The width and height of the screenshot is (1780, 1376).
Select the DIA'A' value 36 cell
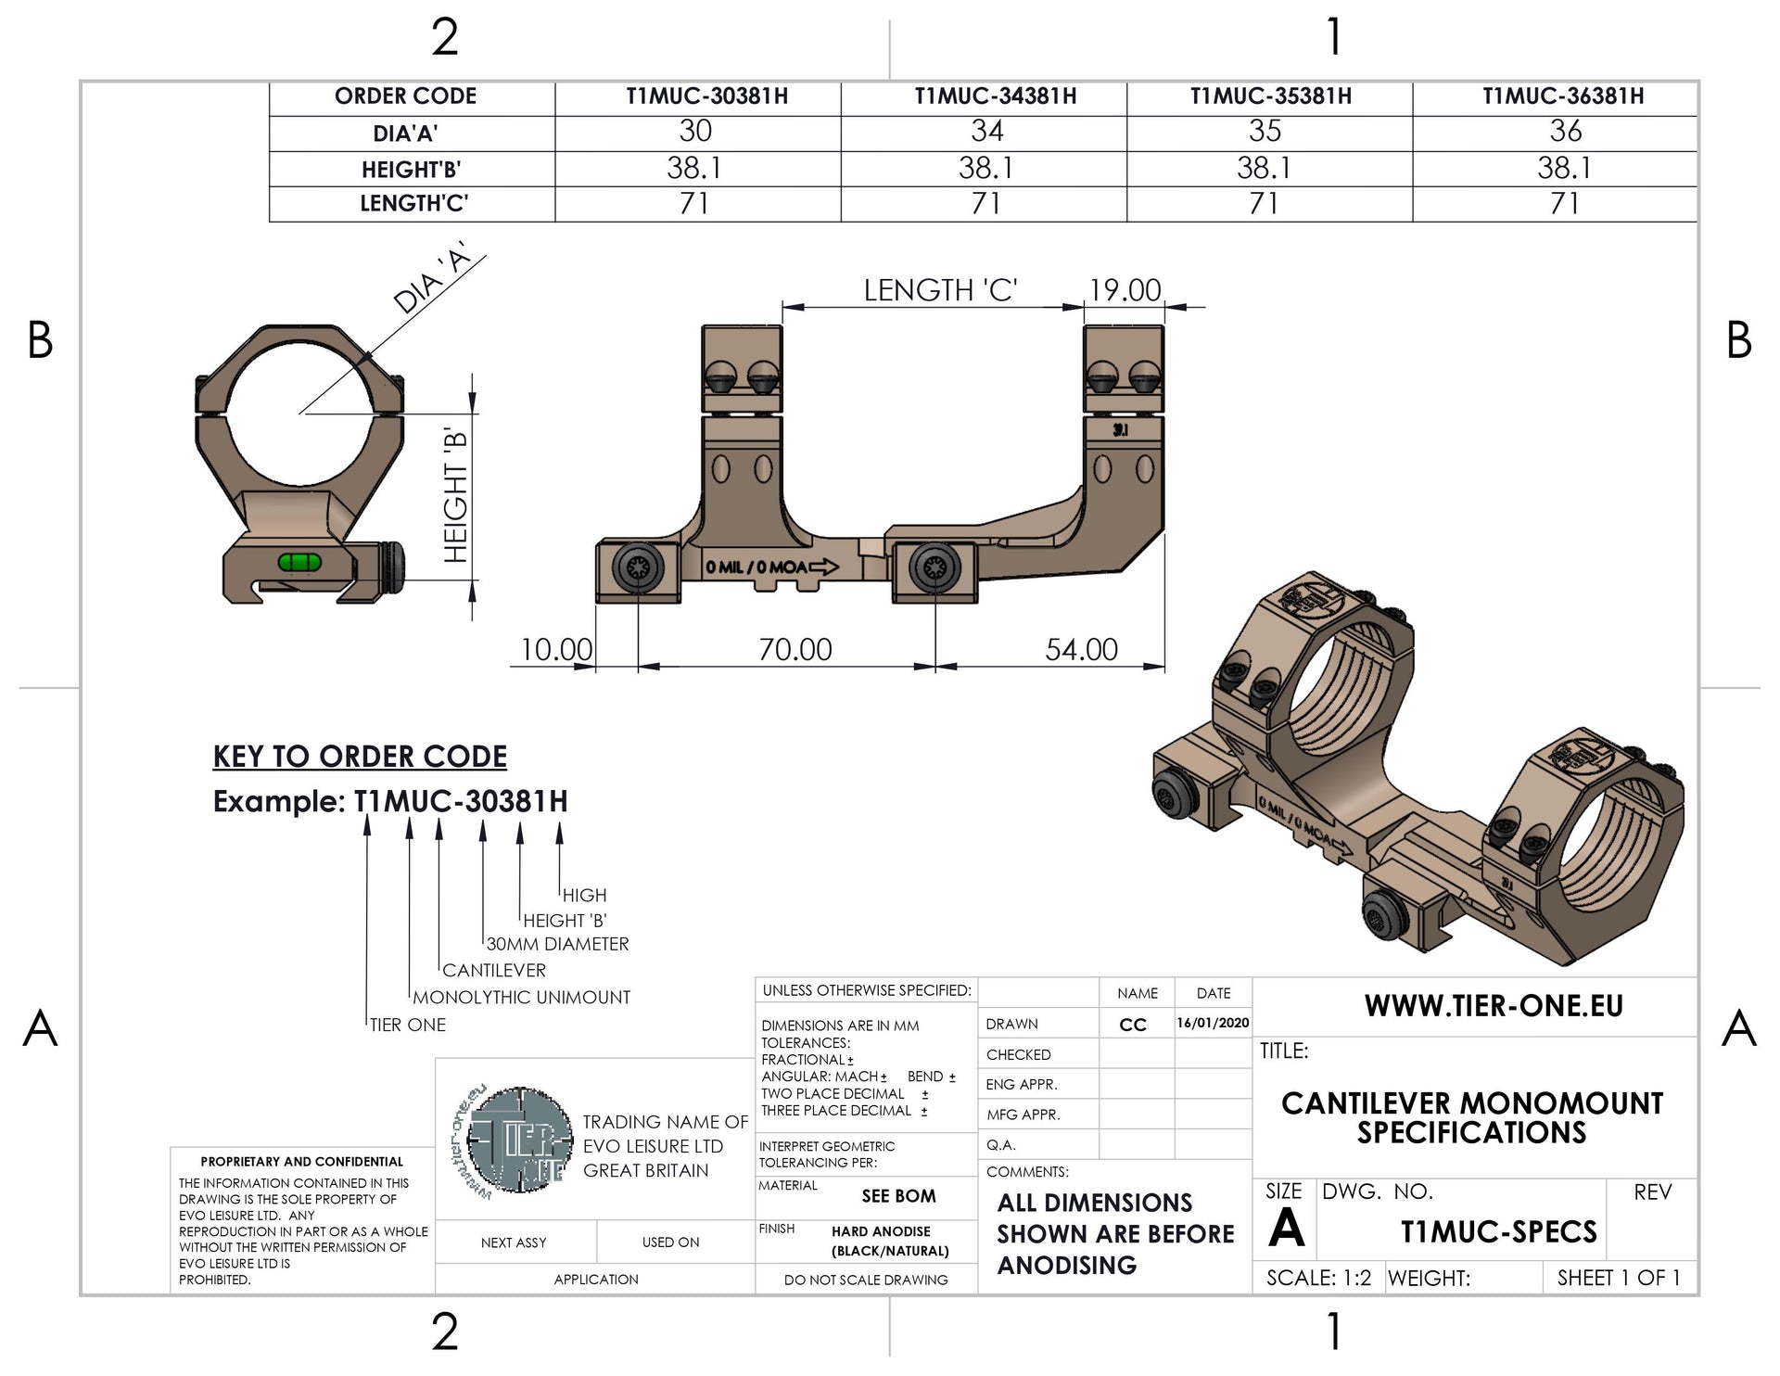(x=1565, y=132)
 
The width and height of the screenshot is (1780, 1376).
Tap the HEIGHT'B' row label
(x=411, y=170)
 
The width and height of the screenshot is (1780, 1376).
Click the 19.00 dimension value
(x=1124, y=290)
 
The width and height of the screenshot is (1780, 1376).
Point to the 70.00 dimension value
(x=795, y=649)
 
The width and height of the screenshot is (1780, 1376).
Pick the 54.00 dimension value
(x=1081, y=649)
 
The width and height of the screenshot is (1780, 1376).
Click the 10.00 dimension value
(x=556, y=649)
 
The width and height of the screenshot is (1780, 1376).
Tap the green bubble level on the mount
(x=299, y=561)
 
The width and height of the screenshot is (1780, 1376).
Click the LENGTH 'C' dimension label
(x=940, y=290)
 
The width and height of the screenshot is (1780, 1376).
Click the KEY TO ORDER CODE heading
(x=360, y=757)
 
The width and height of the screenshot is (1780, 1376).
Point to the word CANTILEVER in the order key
(x=493, y=971)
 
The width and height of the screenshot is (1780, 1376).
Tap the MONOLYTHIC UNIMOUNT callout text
(x=521, y=998)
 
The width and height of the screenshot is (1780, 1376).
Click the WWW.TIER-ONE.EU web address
(x=1494, y=1006)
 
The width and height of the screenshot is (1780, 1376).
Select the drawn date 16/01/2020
(x=1213, y=1024)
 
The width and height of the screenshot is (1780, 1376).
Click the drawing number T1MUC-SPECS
(x=1498, y=1231)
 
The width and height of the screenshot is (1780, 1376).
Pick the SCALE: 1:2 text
(x=1317, y=1278)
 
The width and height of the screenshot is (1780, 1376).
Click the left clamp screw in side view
(x=639, y=567)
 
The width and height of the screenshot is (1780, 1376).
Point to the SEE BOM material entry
(x=898, y=1196)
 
